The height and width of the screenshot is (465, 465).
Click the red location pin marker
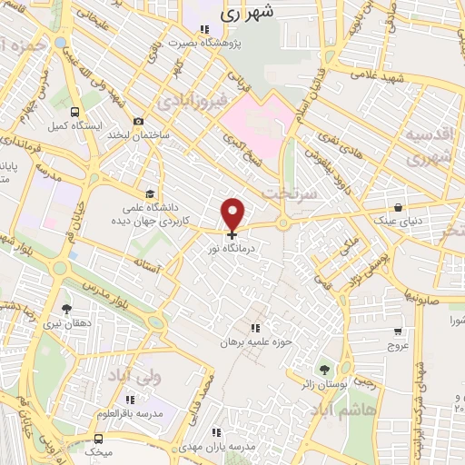(233, 213)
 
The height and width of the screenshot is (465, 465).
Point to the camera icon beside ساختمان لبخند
(138, 122)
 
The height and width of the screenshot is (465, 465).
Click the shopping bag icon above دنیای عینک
(400, 207)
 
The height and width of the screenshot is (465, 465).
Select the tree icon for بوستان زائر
(324, 369)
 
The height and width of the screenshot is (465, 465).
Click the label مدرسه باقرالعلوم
(131, 413)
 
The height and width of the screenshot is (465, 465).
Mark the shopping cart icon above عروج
(399, 331)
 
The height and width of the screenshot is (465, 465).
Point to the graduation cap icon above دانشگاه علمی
(151, 192)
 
